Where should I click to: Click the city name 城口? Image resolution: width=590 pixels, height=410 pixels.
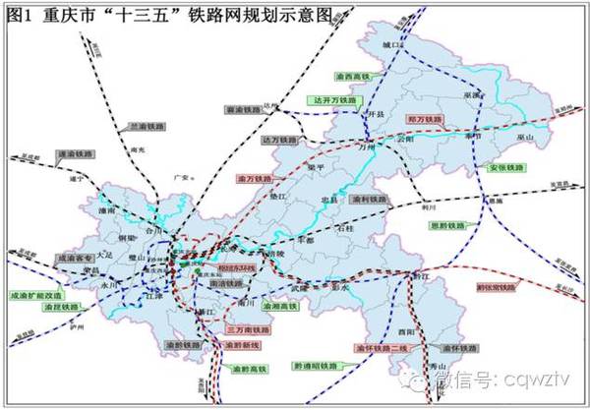coord(394,46)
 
